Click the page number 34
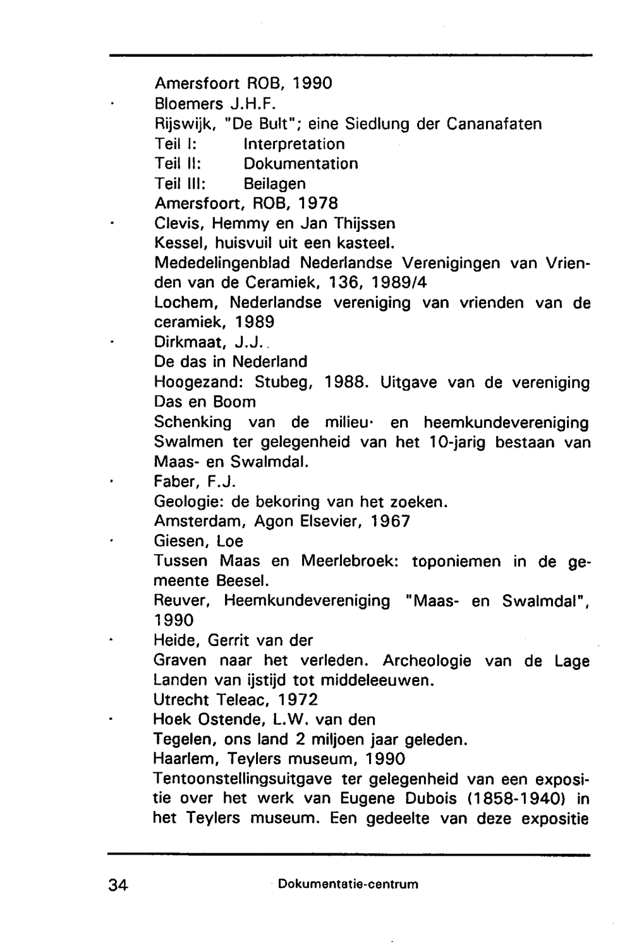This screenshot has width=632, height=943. click(118, 885)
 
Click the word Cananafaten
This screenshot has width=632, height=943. click(494, 124)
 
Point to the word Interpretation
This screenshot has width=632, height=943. click(294, 144)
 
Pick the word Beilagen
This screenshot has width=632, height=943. click(274, 184)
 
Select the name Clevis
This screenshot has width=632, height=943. click(179, 224)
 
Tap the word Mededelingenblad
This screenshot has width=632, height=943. click(222, 263)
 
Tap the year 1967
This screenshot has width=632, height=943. click(390, 521)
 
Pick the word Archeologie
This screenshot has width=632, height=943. click(427, 661)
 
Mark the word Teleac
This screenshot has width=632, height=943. click(240, 700)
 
